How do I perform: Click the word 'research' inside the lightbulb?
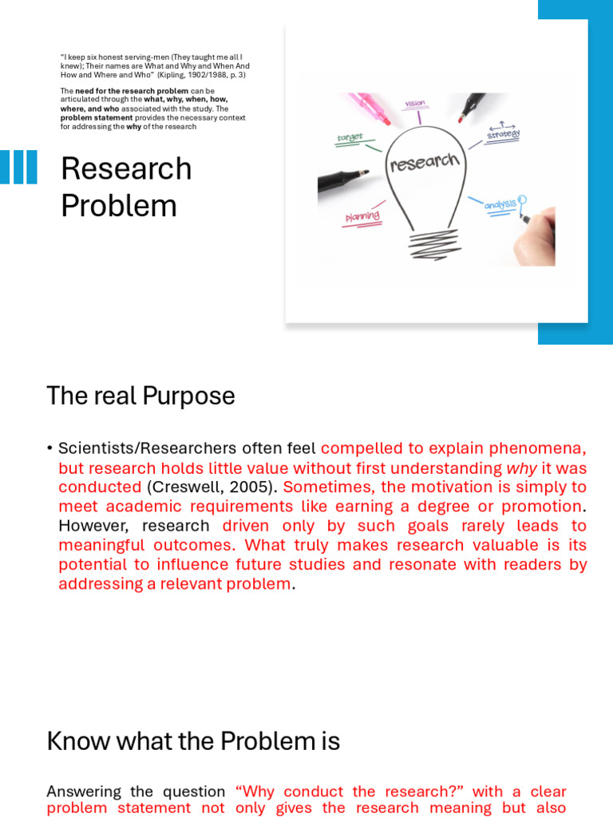pyautogui.click(x=425, y=164)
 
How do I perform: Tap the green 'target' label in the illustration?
pyautogui.click(x=350, y=138)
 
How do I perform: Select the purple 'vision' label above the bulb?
pyautogui.click(x=415, y=104)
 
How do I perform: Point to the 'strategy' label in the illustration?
pyautogui.click(x=503, y=135)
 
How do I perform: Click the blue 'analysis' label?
pyautogui.click(x=500, y=205)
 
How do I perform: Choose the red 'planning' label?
pyautogui.click(x=362, y=217)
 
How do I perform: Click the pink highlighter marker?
pyautogui.click(x=369, y=107)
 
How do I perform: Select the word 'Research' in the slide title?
pyautogui.click(x=126, y=169)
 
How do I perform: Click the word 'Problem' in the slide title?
pyautogui.click(x=119, y=206)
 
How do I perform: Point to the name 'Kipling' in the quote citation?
pyautogui.click(x=171, y=74)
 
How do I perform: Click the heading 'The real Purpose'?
pyautogui.click(x=140, y=396)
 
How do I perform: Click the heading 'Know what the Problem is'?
pyautogui.click(x=193, y=741)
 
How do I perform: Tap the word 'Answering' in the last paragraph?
pyautogui.click(x=84, y=791)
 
